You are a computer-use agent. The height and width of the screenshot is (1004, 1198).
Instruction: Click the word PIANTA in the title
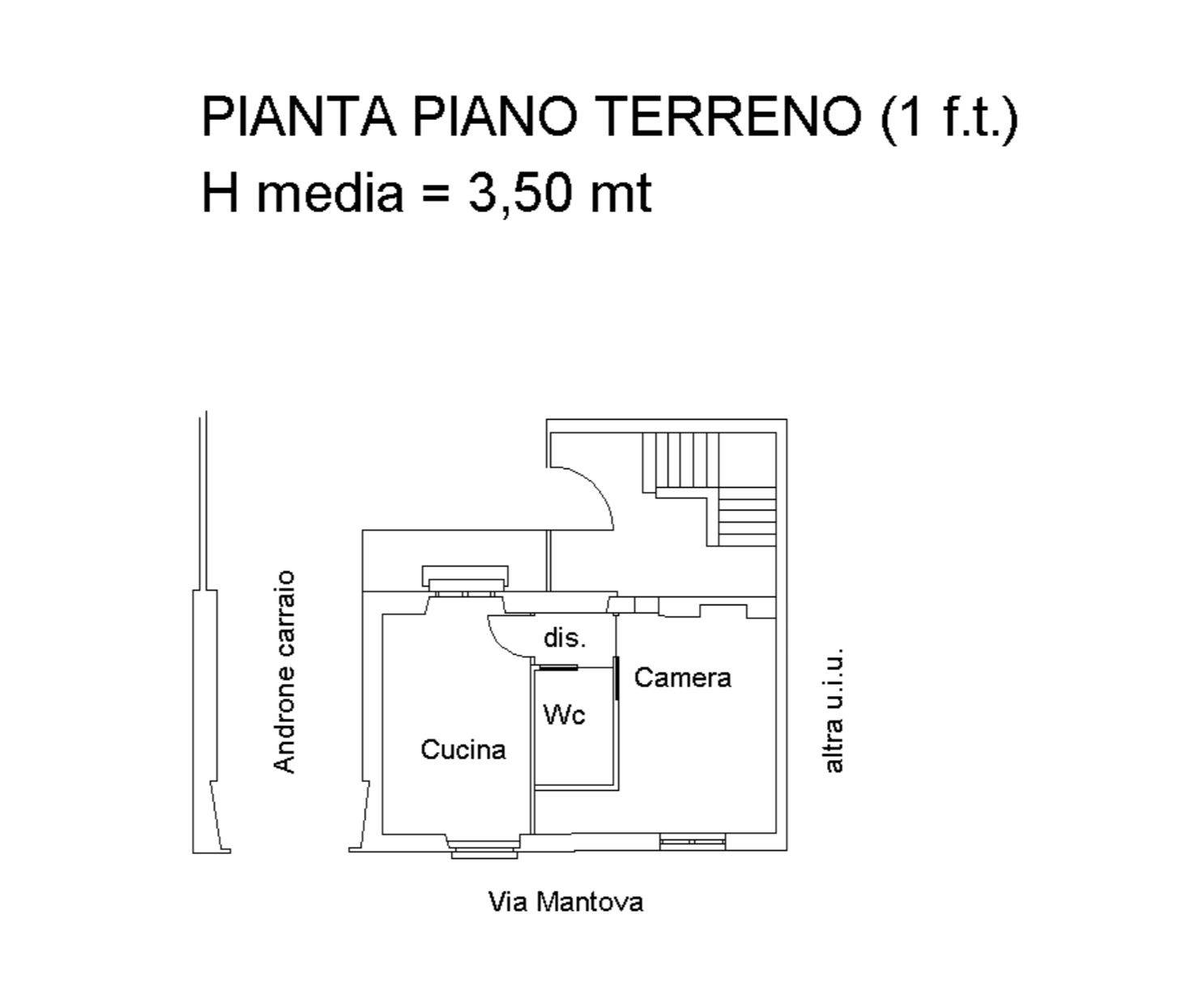[x=299, y=117]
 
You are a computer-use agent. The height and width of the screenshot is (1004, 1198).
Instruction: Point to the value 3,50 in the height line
[x=520, y=194]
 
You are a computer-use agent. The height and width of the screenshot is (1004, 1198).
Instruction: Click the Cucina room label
[x=463, y=750]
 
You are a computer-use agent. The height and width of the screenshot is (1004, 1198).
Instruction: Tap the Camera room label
[x=683, y=677]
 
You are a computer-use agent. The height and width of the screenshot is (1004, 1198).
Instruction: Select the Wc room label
[x=564, y=715]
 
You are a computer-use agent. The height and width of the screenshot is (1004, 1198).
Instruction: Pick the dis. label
[x=565, y=637]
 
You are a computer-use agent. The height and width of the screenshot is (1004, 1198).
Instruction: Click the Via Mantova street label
[x=565, y=902]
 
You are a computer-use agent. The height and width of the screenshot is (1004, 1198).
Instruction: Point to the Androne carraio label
[x=284, y=672]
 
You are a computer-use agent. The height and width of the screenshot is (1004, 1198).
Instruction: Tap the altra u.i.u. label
[x=833, y=710]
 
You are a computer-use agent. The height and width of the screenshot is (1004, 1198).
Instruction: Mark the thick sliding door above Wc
[x=555, y=667]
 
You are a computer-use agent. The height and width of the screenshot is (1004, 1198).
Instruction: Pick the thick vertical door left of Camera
[x=617, y=678]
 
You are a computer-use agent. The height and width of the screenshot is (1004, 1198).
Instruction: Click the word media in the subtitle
[x=330, y=192]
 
